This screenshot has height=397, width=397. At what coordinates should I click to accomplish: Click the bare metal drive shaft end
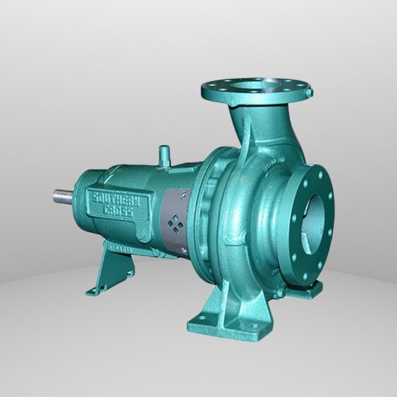[61, 195]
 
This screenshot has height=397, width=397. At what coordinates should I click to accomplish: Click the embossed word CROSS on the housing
[114, 211]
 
